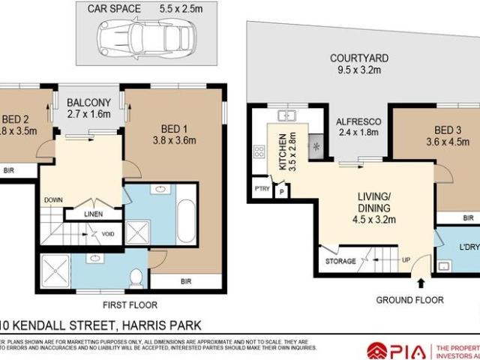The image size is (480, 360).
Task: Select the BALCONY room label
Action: pos(88,103)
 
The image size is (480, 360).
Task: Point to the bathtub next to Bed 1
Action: pos(185,220)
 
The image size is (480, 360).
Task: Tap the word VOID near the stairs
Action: pos(108,234)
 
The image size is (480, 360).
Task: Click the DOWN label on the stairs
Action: pos(53,199)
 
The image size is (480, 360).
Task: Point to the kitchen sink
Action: pos(285,116)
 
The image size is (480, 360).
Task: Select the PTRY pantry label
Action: pos(262,188)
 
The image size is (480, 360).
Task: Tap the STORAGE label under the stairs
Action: pos(341,262)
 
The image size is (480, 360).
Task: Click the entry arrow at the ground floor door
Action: pos(420,284)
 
